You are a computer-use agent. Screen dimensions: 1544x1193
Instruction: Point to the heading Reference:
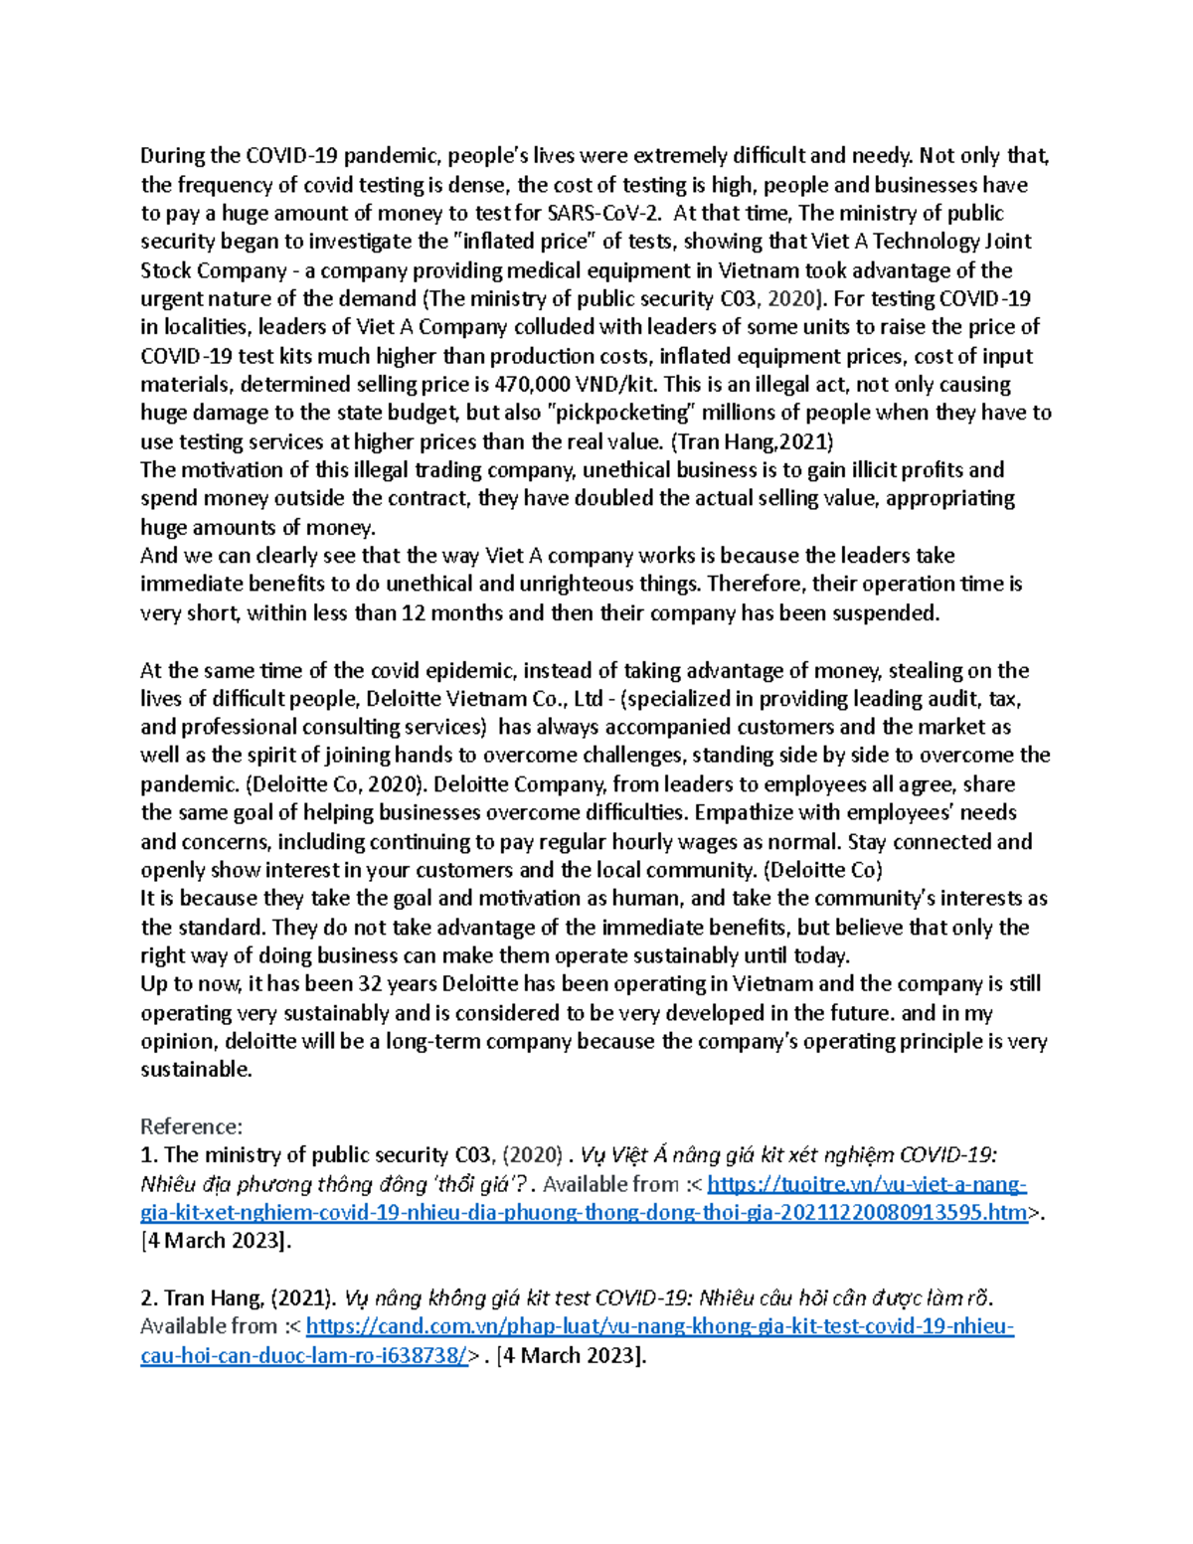(191, 1126)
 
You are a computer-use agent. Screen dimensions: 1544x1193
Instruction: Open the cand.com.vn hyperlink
(659, 1326)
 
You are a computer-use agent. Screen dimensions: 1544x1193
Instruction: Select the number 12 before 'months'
(413, 613)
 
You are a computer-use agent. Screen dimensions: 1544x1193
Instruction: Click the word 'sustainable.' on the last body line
(196, 1070)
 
